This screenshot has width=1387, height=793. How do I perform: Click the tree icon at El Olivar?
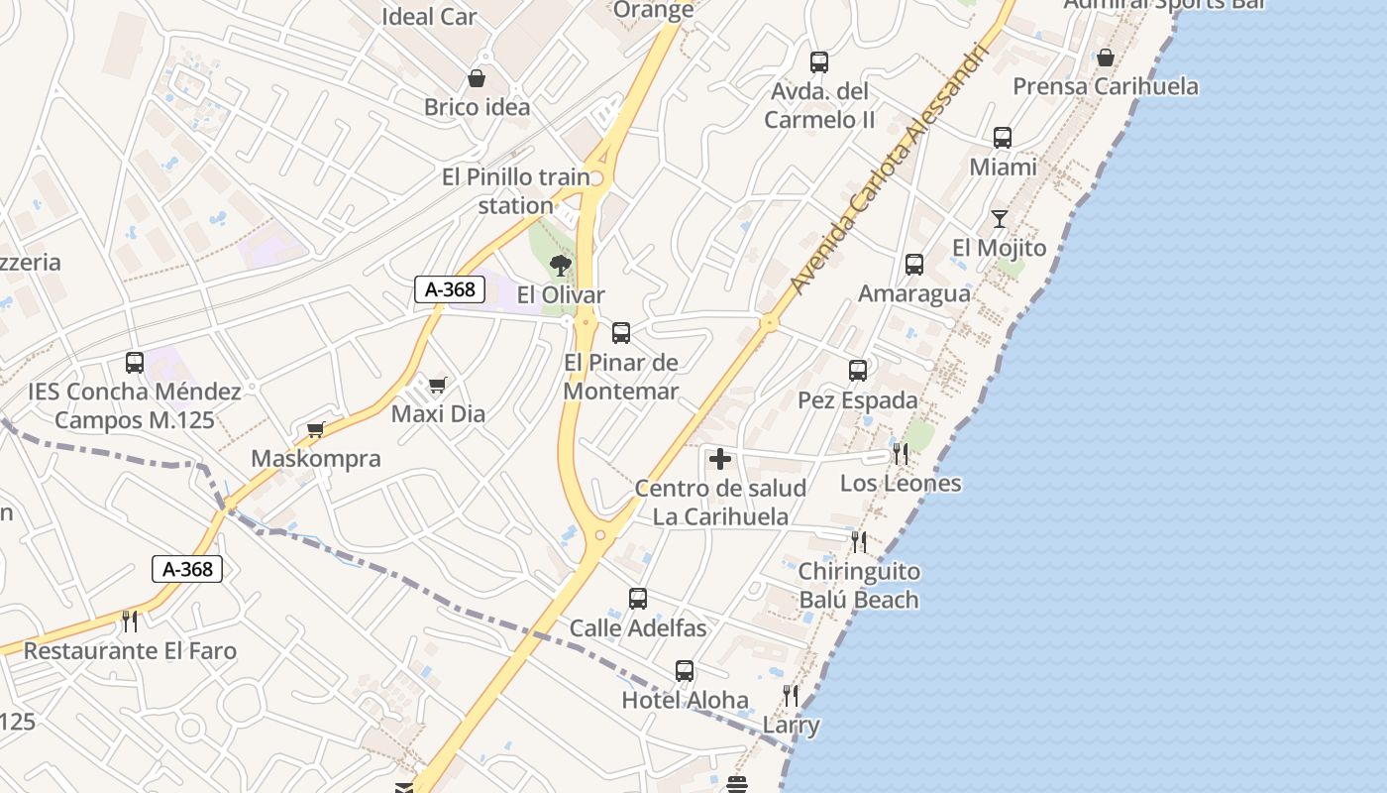tap(560, 265)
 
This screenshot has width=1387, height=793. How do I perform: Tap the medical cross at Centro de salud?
tap(720, 459)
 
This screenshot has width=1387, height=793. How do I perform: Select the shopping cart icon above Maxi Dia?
tap(437, 385)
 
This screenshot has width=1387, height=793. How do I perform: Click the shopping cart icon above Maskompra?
tap(316, 429)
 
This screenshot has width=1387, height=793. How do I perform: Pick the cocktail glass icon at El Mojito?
tap(999, 219)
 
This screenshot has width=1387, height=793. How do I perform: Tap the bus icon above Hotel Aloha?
tap(685, 671)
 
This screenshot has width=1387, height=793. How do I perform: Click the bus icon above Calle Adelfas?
tap(638, 599)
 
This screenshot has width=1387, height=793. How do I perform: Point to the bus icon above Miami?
tap(1003, 138)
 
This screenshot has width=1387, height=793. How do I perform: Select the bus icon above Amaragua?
tap(914, 265)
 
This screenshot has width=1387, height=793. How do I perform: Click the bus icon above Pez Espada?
tap(858, 371)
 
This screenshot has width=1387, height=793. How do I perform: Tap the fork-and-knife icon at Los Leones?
tap(901, 454)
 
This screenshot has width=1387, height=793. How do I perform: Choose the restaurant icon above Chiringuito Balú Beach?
tap(859, 542)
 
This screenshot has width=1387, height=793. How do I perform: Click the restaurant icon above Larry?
tap(791, 696)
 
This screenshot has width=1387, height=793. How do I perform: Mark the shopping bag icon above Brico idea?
tap(477, 77)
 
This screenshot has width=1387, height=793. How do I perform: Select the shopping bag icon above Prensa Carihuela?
tap(1106, 57)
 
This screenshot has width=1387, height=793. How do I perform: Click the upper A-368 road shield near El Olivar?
tap(450, 289)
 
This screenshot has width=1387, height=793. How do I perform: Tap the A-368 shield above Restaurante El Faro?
tap(187, 569)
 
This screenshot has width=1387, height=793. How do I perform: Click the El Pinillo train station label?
tap(515, 191)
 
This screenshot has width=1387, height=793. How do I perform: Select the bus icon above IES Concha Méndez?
tap(135, 363)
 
